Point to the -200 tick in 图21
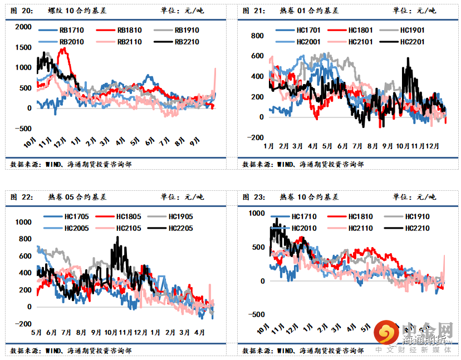tap(256, 137)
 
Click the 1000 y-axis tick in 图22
tap(25, 222)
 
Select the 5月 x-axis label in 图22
tap(37, 332)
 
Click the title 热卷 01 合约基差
tap(307, 11)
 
